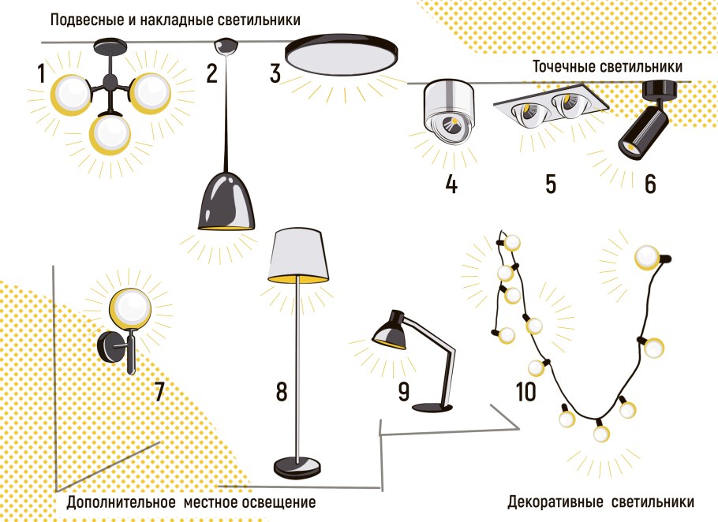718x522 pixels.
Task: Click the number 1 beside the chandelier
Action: (x=41, y=73)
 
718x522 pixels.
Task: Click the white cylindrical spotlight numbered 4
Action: (x=449, y=111)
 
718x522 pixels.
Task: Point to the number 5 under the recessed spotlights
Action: (x=551, y=184)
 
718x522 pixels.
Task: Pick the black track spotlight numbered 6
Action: (x=645, y=119)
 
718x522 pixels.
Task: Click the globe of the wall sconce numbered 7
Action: (x=133, y=307)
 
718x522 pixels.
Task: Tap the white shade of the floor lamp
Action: (x=298, y=255)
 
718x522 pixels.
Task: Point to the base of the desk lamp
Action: (x=432, y=407)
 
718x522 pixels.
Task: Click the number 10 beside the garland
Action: (x=525, y=392)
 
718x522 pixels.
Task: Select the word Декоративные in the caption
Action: (x=555, y=501)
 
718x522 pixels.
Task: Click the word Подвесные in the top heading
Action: (x=87, y=20)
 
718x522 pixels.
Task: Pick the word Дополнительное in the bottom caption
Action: (x=122, y=501)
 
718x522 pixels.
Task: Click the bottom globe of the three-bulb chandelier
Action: (x=110, y=135)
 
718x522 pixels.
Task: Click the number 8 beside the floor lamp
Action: (x=281, y=392)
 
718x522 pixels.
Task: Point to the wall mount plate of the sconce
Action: (x=107, y=347)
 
